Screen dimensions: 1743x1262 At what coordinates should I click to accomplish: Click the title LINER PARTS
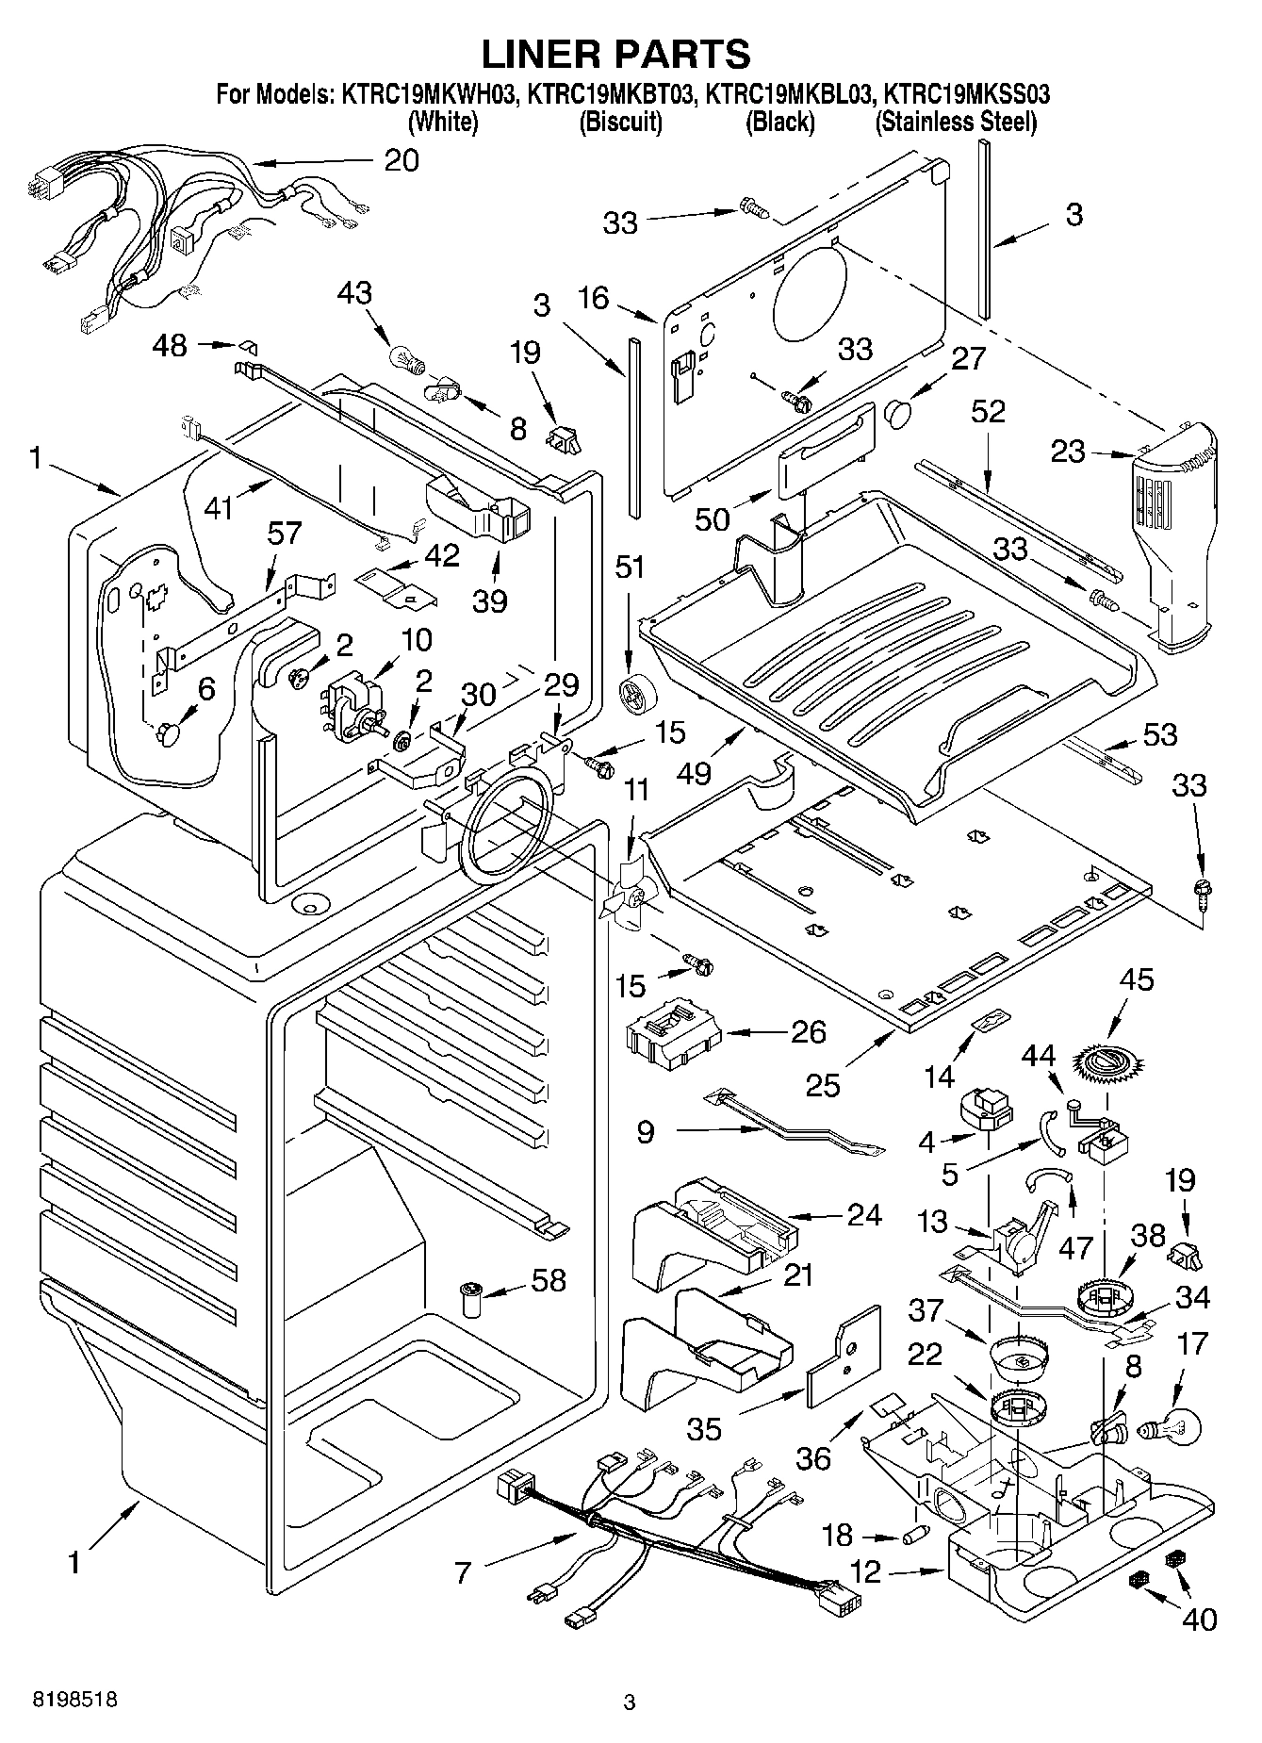point(616,54)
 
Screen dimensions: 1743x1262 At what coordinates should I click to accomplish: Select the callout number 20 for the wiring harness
point(402,160)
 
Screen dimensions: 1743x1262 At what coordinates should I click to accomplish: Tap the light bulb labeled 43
point(403,357)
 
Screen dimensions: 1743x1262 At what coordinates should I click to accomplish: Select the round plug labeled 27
point(898,412)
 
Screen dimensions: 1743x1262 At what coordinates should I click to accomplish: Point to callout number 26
point(808,1031)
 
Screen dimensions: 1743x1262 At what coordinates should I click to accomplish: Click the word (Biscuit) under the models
point(620,122)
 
